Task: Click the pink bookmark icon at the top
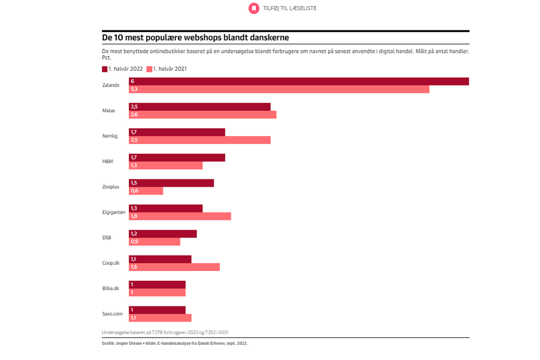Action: click(254, 8)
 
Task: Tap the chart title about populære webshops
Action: click(195, 38)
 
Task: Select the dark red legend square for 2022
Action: click(105, 69)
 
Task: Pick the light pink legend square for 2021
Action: click(150, 69)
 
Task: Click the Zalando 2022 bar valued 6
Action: click(299, 82)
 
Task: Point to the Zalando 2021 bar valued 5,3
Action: click(279, 89)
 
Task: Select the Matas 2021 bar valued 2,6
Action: click(202, 115)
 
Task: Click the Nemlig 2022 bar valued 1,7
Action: click(177, 132)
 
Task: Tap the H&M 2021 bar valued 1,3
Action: click(165, 166)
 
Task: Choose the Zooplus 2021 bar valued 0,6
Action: click(146, 191)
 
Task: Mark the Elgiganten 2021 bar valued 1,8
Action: click(180, 217)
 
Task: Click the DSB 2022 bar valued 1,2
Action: click(163, 234)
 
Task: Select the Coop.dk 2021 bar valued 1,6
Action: click(174, 267)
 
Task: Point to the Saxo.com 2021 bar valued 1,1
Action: click(160, 318)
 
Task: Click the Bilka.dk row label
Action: click(111, 289)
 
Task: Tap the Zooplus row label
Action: click(111, 187)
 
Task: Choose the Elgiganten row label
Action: click(114, 212)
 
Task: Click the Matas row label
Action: click(109, 111)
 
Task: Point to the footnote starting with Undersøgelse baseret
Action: click(165, 332)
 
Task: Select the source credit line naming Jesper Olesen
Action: click(174, 344)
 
